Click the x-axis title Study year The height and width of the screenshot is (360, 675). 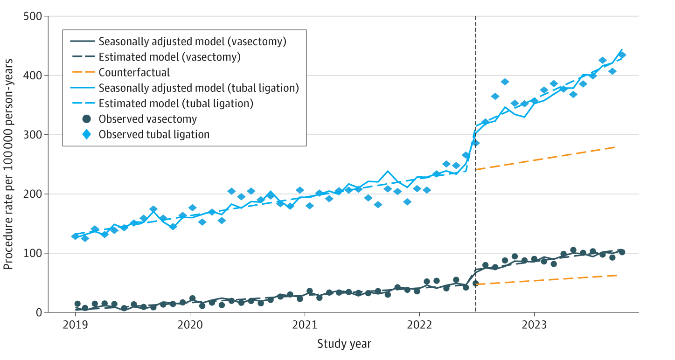tap(344, 345)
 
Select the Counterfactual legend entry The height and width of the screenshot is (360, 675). tap(134, 72)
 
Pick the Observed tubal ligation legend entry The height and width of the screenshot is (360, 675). tap(154, 134)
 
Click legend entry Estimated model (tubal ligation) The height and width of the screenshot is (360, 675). tap(175, 104)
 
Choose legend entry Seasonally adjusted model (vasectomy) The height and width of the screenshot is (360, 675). tap(192, 41)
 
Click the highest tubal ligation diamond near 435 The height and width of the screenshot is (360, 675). tap(622, 55)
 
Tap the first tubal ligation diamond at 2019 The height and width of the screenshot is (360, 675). tap(75, 236)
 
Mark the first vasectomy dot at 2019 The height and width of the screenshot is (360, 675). tap(77, 304)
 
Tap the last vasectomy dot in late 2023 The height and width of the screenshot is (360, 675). tap(622, 252)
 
